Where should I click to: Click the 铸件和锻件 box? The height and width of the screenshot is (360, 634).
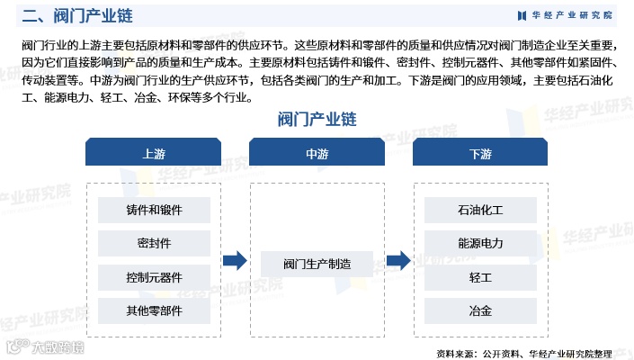point(154,210)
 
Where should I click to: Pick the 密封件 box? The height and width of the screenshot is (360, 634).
point(154,243)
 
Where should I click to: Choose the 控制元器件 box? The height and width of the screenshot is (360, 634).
point(154,277)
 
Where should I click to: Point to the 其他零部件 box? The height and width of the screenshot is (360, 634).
point(154,311)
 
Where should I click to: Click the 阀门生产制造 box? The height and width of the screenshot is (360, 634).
point(317,264)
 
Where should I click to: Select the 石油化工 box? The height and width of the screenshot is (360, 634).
point(480,210)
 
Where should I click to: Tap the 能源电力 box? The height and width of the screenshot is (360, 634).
point(480,243)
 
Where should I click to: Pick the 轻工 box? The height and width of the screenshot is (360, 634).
point(480,277)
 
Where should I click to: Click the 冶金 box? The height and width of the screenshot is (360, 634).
point(480,311)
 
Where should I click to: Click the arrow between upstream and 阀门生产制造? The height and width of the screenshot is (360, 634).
point(235,261)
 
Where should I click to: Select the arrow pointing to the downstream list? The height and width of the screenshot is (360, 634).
point(398,261)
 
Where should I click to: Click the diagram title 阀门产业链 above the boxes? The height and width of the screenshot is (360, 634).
point(317,119)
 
